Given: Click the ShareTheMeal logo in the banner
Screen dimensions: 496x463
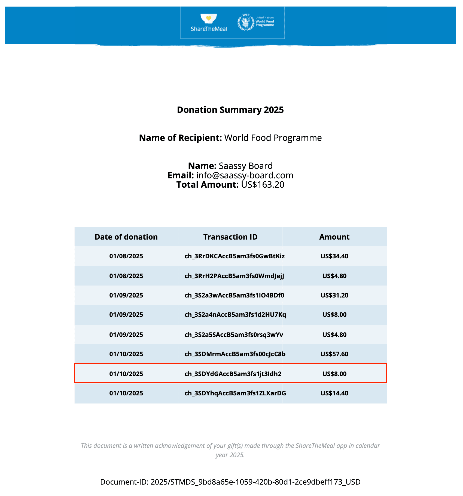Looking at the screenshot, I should pos(209,23).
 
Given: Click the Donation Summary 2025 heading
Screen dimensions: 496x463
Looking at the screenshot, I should pos(230,110).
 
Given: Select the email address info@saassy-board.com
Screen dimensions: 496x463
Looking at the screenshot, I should pos(245,175).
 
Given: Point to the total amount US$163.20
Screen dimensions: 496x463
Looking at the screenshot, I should pos(263,185).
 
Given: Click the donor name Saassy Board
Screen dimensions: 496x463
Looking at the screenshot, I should pos(246,166).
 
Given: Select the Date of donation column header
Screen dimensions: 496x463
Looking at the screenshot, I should pos(126,237).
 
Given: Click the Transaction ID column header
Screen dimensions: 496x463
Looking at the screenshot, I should pos(230,237).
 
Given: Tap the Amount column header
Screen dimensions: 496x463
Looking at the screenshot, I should pos(334,237).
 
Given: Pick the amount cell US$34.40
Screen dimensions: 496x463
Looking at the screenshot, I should pos(334,256).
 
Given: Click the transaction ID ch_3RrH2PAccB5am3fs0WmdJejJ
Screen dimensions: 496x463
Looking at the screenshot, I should pos(234,276).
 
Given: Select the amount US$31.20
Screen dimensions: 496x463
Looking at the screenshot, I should pos(334,295).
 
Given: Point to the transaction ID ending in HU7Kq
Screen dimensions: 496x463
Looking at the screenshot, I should pos(235,315).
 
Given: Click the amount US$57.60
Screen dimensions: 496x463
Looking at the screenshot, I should pos(334,354).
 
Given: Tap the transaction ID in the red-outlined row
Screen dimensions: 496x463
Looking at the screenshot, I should pos(233,374).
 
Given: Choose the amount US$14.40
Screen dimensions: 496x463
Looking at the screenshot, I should pos(334,393).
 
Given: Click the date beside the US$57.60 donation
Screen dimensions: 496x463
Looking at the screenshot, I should pos(126,354).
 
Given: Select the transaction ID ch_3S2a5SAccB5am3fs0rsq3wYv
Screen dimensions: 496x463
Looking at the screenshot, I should pos(234,335).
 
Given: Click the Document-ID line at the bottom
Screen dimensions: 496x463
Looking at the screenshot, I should pos(230,482).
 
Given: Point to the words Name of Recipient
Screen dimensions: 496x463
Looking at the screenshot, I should pos(180,138).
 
